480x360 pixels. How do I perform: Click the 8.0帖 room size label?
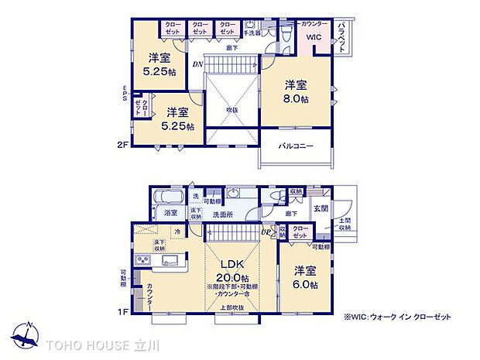[296, 100]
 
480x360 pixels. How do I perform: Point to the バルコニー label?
[296, 145]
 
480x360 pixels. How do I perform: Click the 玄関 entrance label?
[321, 207]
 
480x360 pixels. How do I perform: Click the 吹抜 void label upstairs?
[232, 109]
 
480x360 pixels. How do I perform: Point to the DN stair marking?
[197, 64]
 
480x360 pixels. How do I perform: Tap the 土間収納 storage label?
[345, 225]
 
